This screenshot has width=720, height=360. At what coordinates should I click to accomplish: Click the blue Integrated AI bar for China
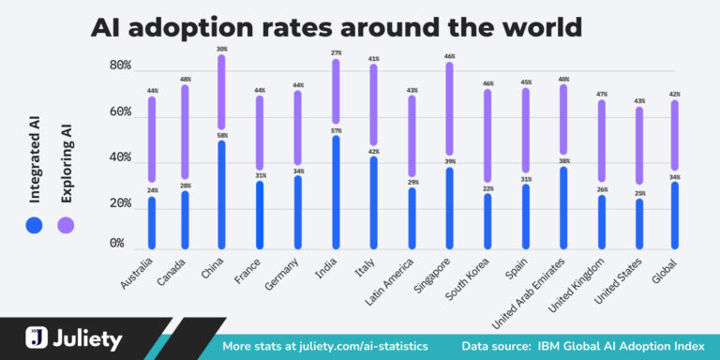tap(221, 194)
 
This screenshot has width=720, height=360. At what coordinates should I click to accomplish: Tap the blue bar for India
tap(337, 192)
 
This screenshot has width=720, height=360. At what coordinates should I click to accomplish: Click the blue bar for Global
tap(675, 216)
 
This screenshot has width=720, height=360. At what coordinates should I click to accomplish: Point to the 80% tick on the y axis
tap(120, 67)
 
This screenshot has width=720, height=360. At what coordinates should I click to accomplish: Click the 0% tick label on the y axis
tap(116, 244)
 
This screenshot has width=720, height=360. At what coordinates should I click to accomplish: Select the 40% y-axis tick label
tap(120, 157)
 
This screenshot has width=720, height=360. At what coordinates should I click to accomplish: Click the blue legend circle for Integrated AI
tap(35, 224)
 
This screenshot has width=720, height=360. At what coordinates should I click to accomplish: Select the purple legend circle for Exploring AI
tap(66, 224)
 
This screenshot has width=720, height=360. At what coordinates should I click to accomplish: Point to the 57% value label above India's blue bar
tap(337, 130)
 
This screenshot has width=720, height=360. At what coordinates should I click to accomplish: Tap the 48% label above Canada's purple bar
tap(186, 79)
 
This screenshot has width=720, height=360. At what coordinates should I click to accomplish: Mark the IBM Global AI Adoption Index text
tap(616, 346)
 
